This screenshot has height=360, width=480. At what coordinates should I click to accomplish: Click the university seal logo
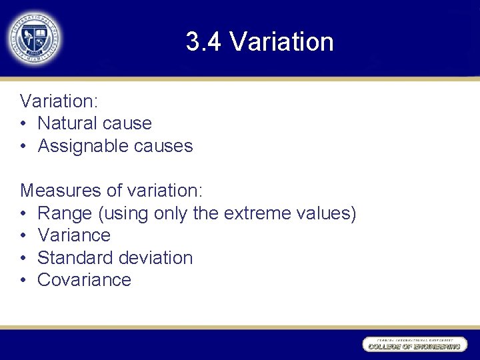point(34,38)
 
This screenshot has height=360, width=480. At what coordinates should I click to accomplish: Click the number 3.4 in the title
point(203,42)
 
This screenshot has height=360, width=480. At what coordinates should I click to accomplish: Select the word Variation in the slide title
point(281,42)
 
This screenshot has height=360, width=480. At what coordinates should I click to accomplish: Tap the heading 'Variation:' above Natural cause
point(59,101)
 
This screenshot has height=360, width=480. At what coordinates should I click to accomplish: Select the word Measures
point(61,191)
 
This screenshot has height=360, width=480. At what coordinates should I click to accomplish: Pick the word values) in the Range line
point(326,213)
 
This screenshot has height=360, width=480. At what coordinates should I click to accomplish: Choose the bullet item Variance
point(74,235)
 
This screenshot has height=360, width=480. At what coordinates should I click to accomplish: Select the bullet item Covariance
point(84,280)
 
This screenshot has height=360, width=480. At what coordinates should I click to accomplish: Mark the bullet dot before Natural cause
point(23,124)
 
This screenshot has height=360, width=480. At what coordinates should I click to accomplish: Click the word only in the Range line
point(171,213)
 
